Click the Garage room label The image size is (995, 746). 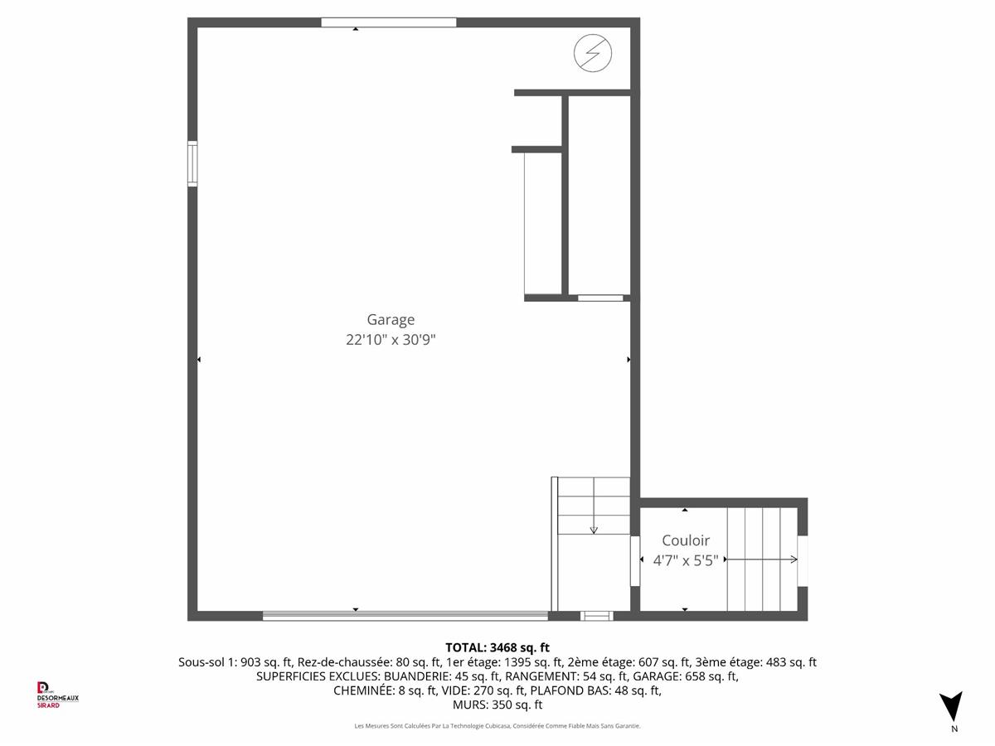click(x=391, y=320)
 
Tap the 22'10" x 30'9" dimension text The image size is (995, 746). click(x=391, y=340)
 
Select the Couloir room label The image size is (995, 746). click(x=686, y=540)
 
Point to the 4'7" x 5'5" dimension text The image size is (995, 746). click(x=686, y=561)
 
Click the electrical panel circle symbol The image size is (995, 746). click(x=593, y=53)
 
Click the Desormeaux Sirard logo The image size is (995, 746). click(x=57, y=695)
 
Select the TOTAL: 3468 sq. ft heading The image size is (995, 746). click(x=498, y=647)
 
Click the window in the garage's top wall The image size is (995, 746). click(x=389, y=22)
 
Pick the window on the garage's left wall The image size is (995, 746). click(x=192, y=163)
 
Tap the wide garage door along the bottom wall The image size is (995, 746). click(x=405, y=616)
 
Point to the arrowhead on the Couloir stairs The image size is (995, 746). click(x=794, y=559)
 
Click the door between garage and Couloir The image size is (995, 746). click(x=635, y=561)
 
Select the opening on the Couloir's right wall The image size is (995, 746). click(x=803, y=561)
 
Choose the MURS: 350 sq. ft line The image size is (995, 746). click(x=498, y=705)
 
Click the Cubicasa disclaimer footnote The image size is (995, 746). click(x=498, y=726)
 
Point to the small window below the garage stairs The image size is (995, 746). click(x=596, y=616)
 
